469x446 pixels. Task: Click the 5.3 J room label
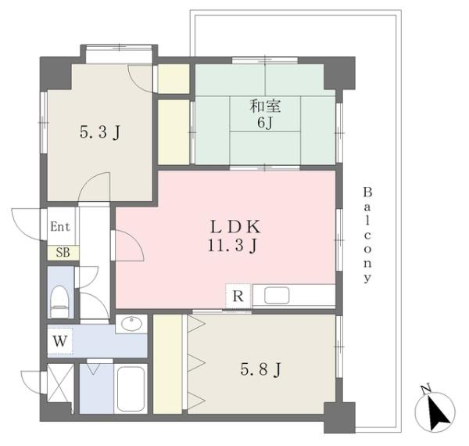click(100, 132)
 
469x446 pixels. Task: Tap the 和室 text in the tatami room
click(265, 106)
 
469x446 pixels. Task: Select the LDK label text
click(235, 227)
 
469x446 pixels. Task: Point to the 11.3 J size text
click(233, 246)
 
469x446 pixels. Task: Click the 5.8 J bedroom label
click(261, 369)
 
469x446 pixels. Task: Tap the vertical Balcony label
click(367, 235)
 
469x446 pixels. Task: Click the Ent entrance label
click(60, 227)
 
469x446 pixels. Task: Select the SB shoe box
click(63, 253)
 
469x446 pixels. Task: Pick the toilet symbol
click(59, 302)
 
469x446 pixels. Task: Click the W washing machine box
click(60, 340)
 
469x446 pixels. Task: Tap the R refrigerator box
click(238, 296)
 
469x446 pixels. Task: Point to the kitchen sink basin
click(277, 296)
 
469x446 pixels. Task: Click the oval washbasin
click(131, 324)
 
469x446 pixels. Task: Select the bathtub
click(131, 389)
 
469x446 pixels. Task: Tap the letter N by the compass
click(426, 388)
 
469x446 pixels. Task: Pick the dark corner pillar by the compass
click(339, 418)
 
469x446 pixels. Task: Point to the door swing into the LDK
click(130, 245)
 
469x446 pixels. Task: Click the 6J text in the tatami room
click(265, 122)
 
